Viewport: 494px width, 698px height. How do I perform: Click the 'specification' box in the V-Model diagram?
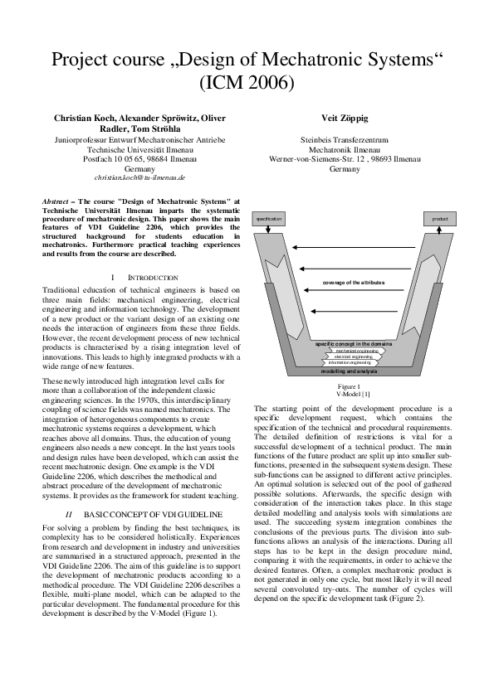coord(269,219)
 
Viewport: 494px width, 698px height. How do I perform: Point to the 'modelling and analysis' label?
coord(350,372)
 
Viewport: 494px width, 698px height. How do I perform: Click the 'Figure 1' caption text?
coord(348,387)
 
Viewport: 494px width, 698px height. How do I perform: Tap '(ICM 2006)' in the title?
coord(247,82)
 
